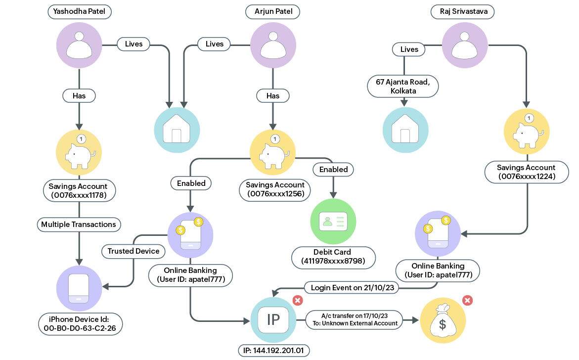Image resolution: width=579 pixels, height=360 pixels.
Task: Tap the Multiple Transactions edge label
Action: (79, 225)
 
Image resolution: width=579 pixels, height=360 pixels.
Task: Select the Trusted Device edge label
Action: (134, 251)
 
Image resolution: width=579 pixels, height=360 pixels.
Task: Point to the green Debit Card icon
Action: (333, 222)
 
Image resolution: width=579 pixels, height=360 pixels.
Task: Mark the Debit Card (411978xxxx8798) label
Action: (333, 257)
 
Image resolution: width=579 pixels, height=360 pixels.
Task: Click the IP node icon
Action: (273, 320)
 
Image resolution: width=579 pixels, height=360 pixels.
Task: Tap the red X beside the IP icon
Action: (298, 300)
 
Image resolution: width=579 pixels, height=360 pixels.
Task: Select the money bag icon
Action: (443, 320)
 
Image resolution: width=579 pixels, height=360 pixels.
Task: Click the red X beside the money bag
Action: (467, 300)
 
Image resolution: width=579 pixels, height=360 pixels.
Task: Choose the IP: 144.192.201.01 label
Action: (273, 351)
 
